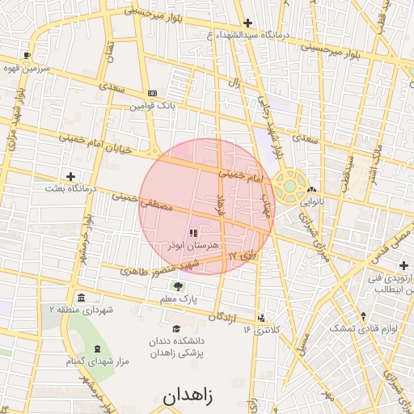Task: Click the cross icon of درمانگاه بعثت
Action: (71, 175)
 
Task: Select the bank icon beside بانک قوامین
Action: (152, 93)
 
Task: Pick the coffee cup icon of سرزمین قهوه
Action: (28, 56)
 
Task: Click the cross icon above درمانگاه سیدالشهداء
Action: (247, 23)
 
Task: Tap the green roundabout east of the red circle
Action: (289, 185)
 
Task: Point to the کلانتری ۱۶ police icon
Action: (260, 318)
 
